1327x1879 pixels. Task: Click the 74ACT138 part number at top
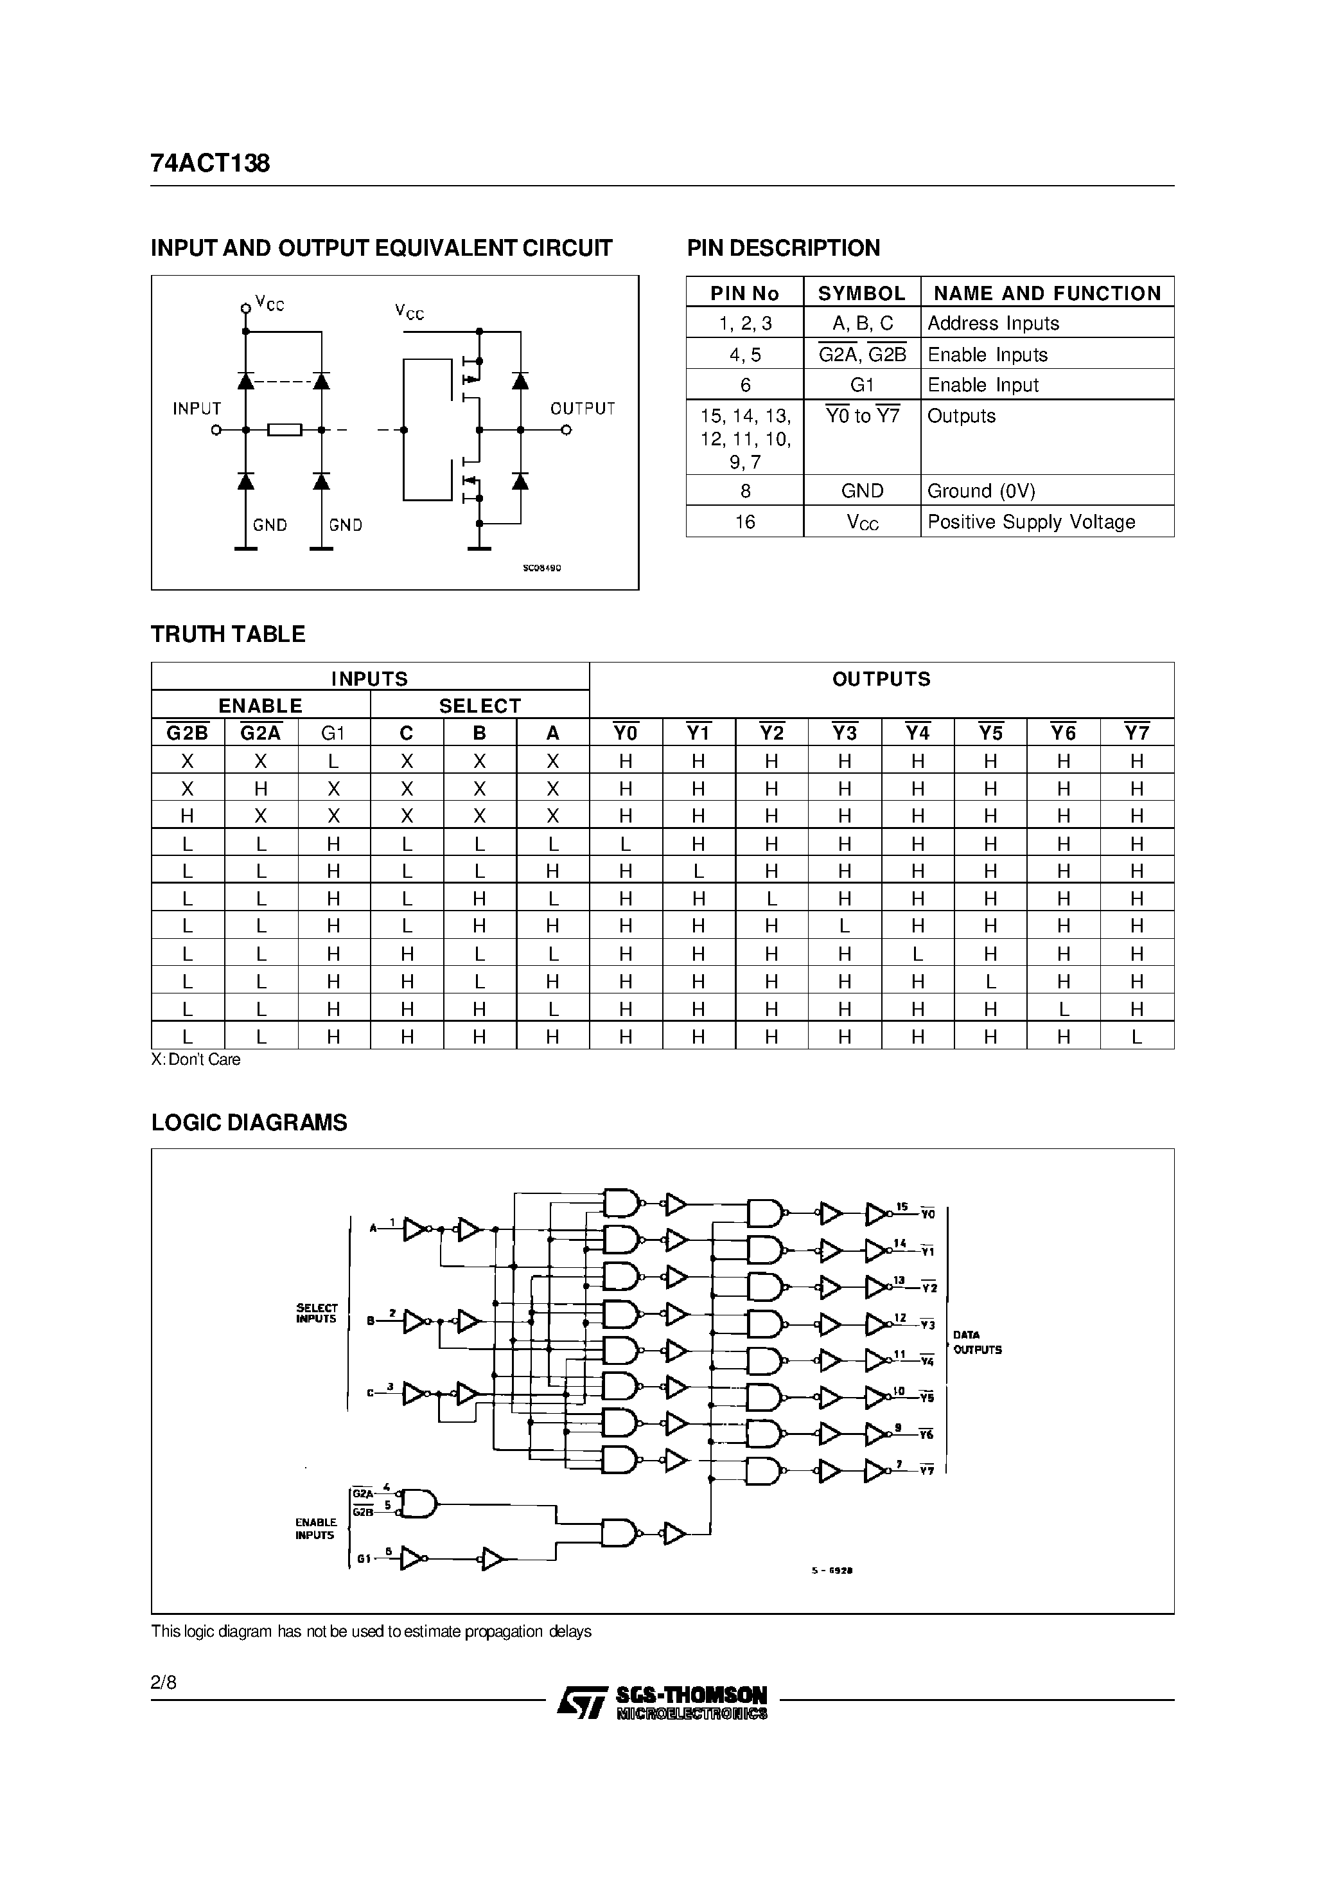pos(210,164)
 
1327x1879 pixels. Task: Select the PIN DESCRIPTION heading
pos(783,248)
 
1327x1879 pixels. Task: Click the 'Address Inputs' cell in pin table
pos(992,323)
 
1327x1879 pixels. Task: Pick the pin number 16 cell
pos(744,522)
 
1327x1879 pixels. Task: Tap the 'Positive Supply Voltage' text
pos(1031,522)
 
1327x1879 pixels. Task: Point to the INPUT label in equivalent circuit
pos(197,408)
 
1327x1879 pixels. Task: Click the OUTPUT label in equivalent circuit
pos(582,408)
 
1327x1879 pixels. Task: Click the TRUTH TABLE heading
pos(228,634)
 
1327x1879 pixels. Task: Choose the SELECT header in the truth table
pos(479,706)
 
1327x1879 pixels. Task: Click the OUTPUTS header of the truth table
pos(881,679)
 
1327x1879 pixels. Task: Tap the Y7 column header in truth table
pos(1136,733)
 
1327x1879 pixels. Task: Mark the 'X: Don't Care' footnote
pos(197,1060)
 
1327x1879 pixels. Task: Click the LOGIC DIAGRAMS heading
pos(249,1122)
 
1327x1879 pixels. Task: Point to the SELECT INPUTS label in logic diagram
pos(317,1314)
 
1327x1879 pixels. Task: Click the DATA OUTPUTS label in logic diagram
pos(977,1343)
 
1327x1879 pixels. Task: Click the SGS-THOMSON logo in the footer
pos(663,1702)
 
